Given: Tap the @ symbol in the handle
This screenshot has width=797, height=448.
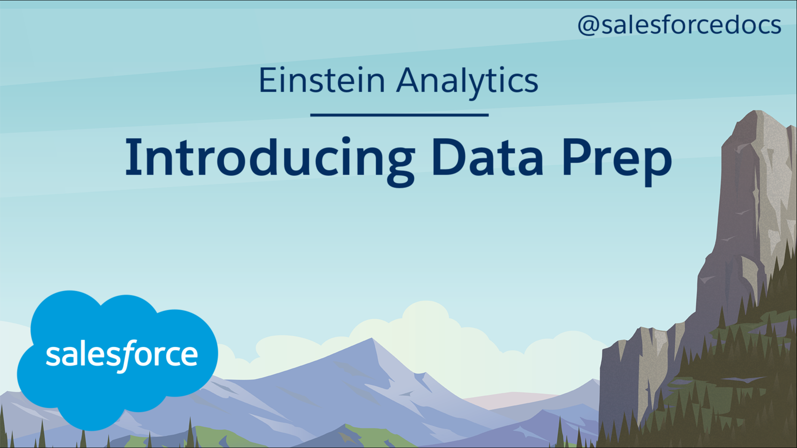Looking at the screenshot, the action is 589,26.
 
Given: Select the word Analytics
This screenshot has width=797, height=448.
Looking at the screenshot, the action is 467,83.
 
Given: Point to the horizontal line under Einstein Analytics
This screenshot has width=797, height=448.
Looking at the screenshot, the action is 399,115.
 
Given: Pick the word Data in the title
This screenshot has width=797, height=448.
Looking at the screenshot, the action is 488,157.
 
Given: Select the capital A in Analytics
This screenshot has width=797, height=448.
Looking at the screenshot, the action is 412,80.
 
